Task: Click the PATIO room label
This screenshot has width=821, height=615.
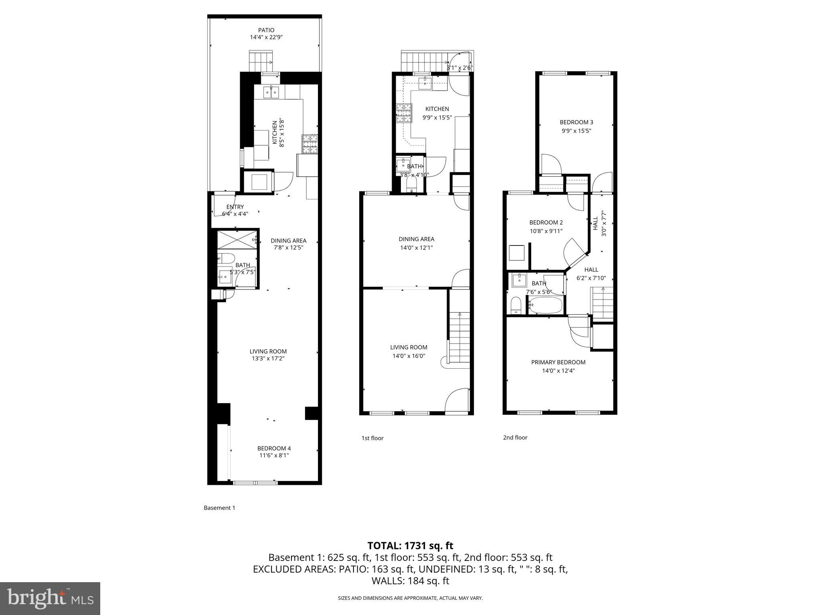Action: (266, 30)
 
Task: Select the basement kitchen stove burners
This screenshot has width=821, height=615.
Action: (310, 144)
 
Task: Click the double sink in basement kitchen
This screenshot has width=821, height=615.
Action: (271, 92)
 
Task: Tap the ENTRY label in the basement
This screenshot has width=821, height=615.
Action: (235, 207)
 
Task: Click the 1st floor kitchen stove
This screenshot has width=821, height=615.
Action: (404, 113)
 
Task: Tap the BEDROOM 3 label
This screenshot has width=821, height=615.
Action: (576, 122)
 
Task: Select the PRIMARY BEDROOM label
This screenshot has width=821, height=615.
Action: (558, 362)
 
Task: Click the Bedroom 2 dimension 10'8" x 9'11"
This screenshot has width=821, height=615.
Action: (546, 231)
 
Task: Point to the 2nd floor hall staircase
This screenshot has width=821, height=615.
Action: (603, 303)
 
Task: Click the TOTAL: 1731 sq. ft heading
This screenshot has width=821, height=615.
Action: (410, 545)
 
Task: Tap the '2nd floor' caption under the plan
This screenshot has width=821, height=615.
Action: (515, 437)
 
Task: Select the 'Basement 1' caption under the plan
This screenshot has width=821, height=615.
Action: (219, 508)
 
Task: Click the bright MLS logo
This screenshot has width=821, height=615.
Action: (50, 598)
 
